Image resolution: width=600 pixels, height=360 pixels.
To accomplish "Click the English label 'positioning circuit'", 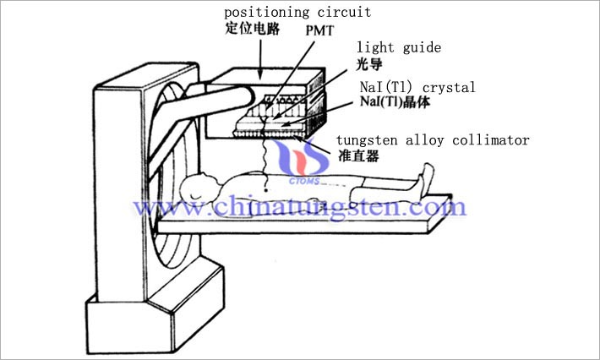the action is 297,13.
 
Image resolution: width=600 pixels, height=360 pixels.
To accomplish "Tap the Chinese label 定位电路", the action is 253,29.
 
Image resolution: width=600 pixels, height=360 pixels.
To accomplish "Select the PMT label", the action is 319,30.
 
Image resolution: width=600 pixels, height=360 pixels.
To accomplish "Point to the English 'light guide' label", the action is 399,48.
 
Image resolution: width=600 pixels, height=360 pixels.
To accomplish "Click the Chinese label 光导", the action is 369,64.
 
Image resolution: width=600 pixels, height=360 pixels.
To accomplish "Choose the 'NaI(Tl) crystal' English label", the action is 417,87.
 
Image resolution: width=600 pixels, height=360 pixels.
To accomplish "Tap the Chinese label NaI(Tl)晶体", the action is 395,102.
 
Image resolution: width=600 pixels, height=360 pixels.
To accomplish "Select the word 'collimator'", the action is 491,140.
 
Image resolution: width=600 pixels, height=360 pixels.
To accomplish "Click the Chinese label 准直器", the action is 358,155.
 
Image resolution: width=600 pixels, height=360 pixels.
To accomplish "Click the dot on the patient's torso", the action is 266,189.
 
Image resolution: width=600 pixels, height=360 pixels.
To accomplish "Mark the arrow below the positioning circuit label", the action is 260,59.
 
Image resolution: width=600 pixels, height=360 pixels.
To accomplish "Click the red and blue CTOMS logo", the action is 303,161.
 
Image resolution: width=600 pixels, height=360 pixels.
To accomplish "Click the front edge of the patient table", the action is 292,227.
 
